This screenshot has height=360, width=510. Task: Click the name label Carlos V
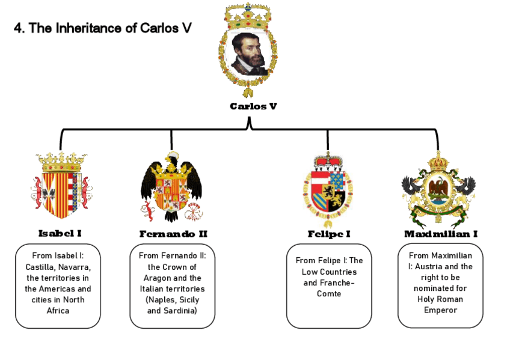pyautogui.click(x=253, y=106)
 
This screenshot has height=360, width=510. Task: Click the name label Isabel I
pyautogui.click(x=60, y=233)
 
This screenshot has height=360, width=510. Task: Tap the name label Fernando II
pyautogui.click(x=173, y=234)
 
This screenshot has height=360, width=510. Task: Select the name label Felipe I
pyautogui.click(x=329, y=234)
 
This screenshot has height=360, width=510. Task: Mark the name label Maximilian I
pyautogui.click(x=441, y=234)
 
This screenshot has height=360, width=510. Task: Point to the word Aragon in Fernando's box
pyautogui.click(x=156, y=278)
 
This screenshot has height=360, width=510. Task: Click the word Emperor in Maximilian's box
pyautogui.click(x=440, y=310)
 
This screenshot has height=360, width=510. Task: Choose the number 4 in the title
pyautogui.click(x=18, y=28)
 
